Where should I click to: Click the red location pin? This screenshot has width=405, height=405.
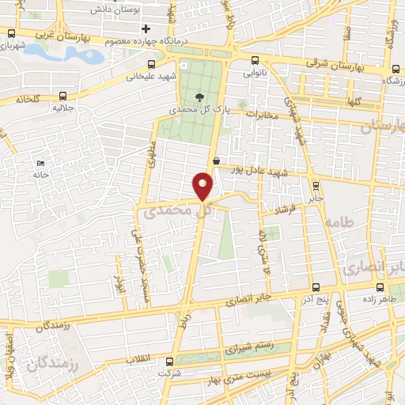[202, 185]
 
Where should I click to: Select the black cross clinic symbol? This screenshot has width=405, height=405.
[146, 29]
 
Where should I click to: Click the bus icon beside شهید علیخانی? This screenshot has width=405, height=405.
[151, 65]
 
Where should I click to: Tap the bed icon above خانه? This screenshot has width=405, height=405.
[40, 163]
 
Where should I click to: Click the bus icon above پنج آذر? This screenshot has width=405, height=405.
[316, 287]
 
